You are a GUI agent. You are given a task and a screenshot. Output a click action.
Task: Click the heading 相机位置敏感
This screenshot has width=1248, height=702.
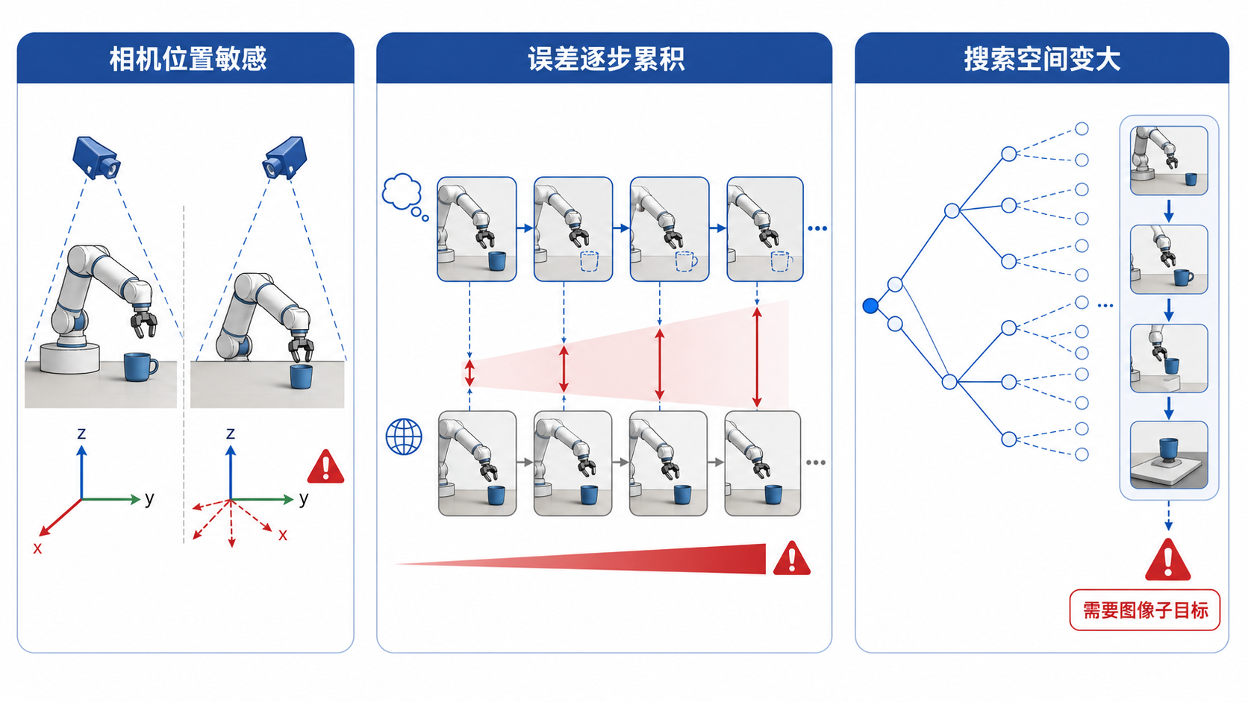pos(188,59)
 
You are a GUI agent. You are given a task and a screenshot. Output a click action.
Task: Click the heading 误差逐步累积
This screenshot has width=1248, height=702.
pos(606,59)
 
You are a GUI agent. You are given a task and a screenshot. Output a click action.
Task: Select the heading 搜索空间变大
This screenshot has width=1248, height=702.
pos(1042,59)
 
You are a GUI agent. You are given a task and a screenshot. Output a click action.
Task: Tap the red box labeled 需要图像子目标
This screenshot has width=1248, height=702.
pos(1145,610)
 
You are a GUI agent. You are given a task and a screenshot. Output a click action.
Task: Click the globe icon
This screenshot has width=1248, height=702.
pos(404,436)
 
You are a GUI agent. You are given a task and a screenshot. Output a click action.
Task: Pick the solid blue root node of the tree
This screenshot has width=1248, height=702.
pos(870,306)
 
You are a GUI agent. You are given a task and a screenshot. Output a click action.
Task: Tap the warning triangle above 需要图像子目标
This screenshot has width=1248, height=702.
pos(1168,560)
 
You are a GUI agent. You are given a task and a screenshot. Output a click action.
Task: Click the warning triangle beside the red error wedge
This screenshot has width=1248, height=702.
pos(792,558)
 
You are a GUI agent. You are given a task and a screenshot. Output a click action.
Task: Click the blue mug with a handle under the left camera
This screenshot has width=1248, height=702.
pos(140,366)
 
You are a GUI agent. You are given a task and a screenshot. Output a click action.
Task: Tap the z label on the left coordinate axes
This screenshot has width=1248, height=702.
pos(81,433)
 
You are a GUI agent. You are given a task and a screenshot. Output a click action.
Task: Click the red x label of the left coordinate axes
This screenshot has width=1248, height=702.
pos(37,548)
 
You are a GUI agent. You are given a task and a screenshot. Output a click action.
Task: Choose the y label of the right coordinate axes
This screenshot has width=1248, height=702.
pos(304,498)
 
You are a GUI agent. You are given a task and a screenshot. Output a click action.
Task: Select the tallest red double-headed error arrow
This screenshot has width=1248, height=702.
pos(757,358)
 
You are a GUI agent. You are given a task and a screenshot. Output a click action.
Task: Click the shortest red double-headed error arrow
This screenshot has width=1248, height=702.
pos(469,374)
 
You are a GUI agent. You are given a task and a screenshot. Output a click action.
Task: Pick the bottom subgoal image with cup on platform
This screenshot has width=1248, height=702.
pos(1169,455)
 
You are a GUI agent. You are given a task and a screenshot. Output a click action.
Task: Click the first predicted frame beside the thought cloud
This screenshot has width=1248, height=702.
pos(477,229)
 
